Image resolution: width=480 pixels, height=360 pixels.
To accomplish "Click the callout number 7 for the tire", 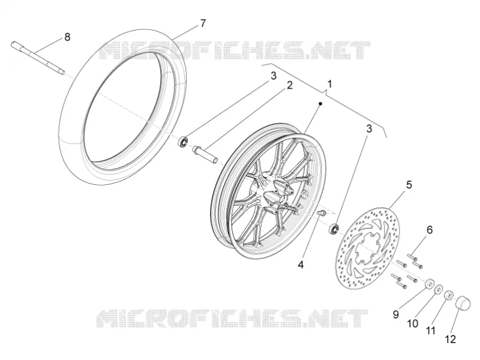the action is point(203,23).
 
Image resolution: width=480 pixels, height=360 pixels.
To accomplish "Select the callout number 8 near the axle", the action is point(67,37).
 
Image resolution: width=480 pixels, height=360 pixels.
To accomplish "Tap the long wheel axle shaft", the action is point(38,58).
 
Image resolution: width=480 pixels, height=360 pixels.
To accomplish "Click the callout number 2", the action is point(289,85).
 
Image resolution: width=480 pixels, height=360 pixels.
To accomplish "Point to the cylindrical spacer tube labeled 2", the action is point(205,155).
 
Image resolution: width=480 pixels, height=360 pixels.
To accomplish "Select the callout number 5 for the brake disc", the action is point(409,185).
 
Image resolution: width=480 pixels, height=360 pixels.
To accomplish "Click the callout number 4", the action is point(301,265).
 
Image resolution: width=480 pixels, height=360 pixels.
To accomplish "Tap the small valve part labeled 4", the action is point(322,212).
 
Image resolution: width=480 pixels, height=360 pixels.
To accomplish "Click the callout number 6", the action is point(430,230).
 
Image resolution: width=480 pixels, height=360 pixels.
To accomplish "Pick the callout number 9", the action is point(395,314).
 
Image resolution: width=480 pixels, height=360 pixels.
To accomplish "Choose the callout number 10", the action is point(413,323).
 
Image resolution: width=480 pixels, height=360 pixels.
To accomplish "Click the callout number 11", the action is point(431,331).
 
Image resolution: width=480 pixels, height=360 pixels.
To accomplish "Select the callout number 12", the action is point(451,339).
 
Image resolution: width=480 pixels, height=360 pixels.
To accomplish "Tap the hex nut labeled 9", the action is point(429,284).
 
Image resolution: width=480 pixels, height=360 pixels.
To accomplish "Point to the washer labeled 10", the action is point(439,289).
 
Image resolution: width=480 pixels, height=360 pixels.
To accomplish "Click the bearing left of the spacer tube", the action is point(184,142).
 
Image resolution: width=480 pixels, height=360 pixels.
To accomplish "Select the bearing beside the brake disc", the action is point(334,229).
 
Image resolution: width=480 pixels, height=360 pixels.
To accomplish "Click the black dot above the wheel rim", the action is point(320,104).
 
